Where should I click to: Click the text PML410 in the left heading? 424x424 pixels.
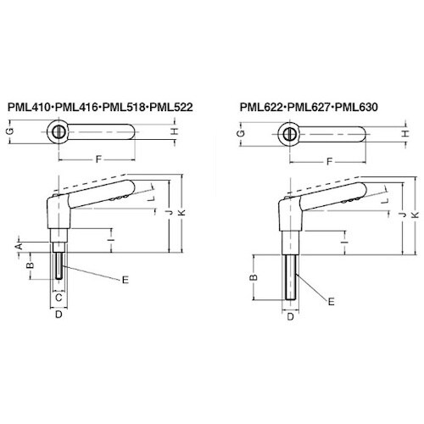click(x=28, y=108)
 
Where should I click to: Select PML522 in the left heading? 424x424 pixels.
click(x=170, y=108)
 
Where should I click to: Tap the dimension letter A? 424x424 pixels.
click(x=17, y=244)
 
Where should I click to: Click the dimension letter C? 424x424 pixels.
click(x=59, y=298)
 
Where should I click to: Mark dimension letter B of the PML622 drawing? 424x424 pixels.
click(x=253, y=276)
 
